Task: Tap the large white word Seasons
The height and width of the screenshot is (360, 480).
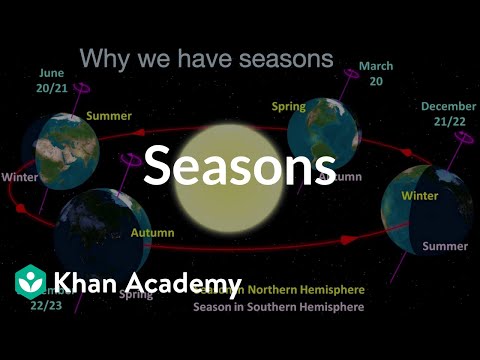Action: click(x=239, y=165)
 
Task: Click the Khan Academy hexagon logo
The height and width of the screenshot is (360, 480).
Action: click(x=32, y=281)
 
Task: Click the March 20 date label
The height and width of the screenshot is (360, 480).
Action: click(x=375, y=74)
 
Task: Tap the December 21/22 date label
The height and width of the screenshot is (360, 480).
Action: click(x=448, y=113)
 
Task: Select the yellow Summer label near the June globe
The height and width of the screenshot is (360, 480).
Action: click(x=108, y=116)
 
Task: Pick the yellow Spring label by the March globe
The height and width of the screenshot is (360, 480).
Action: click(x=288, y=106)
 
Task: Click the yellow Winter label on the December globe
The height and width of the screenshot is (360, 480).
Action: click(x=419, y=196)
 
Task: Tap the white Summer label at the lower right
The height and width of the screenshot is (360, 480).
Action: click(x=445, y=246)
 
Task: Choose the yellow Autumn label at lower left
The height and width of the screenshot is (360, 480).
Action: click(x=152, y=233)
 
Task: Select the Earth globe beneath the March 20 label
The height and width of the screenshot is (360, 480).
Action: click(x=325, y=130)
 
